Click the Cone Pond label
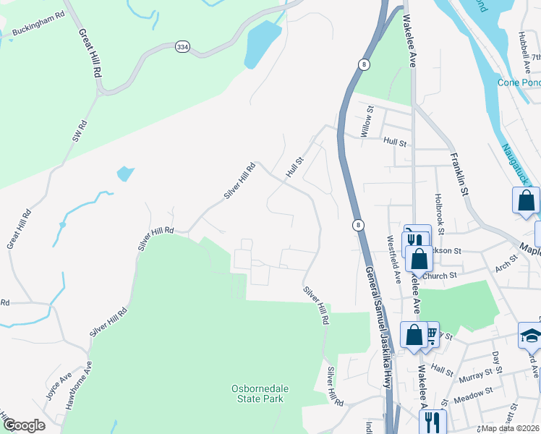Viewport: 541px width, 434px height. point(519,82)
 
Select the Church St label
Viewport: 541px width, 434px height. point(441,276)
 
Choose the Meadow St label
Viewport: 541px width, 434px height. point(474,392)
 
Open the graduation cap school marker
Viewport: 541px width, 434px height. point(530,335)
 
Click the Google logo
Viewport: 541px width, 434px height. point(23,425)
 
